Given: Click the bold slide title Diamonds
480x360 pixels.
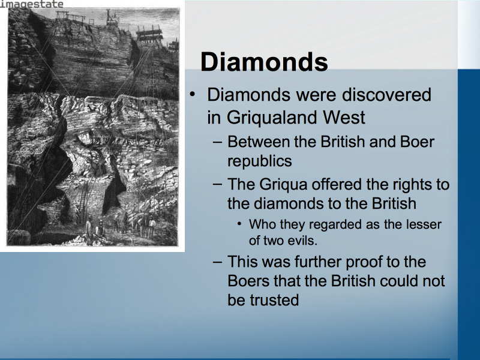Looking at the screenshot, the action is point(264,62).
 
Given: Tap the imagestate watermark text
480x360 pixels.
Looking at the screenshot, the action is point(32,4).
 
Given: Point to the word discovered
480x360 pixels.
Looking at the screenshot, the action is point(386,94).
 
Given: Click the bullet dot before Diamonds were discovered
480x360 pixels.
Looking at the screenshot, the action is point(192,94).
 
